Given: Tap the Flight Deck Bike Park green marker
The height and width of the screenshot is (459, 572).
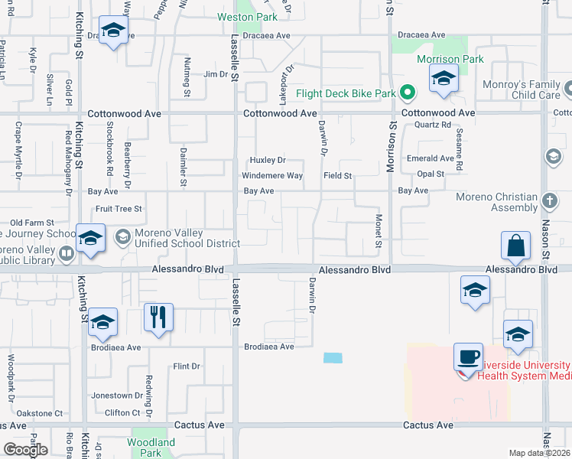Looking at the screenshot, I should coord(408,94).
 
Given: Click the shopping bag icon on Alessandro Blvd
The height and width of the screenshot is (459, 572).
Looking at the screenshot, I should coord(516,246).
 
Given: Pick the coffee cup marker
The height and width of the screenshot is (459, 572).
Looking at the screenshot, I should coord(468,357).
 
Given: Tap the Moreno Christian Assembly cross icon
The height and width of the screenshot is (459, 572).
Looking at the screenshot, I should coord(548,201).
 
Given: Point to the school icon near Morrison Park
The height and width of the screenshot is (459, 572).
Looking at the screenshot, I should coord(443,79).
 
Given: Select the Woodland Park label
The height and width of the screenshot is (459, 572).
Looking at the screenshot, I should coord(151,442).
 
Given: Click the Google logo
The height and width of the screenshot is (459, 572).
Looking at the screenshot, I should coord(25,450).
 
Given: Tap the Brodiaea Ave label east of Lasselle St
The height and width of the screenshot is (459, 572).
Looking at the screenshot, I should coord(268,347).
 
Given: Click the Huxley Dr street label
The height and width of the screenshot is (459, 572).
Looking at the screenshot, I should coord(268,160).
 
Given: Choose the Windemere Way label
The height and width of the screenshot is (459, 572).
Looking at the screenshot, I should coord(272,176).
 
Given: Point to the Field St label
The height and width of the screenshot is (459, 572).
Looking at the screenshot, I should coord(337,176).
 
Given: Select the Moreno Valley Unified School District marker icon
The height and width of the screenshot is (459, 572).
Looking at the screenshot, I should coord(121,236).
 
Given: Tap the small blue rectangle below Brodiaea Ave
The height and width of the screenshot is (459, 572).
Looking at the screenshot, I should coord(333,358).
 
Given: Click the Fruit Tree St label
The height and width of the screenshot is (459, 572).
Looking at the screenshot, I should coord(118,208).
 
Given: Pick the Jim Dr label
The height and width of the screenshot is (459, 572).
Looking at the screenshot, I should coord(216,75).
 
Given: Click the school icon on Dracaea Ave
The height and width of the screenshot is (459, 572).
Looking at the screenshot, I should coord(113,31).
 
